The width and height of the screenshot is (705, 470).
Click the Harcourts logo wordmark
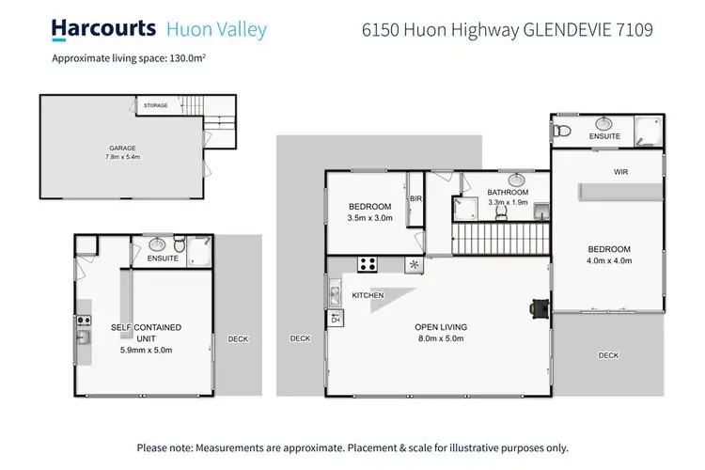click(103, 29)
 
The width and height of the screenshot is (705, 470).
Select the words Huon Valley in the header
click(216, 29)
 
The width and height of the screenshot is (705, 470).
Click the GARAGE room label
click(122, 149)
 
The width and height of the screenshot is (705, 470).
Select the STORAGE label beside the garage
click(155, 105)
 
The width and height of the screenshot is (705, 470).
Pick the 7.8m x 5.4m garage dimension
click(122, 159)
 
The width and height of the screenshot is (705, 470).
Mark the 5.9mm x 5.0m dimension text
click(146, 350)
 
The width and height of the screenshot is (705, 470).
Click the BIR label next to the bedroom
click(415, 198)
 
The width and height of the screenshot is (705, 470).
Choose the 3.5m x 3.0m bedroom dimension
click(369, 217)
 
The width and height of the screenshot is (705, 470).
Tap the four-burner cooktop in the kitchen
click(368, 264)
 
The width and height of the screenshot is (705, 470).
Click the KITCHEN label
click(368, 296)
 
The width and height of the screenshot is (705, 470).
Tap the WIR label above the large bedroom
click(620, 172)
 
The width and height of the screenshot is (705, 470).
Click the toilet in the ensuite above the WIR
click(562, 131)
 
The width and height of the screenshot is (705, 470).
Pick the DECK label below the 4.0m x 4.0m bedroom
click(608, 355)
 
